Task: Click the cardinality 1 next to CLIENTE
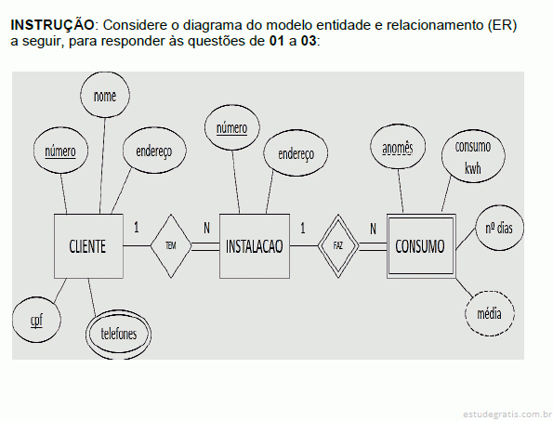point(137,228)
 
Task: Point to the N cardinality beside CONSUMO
point(373,229)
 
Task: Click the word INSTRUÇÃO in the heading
point(53,25)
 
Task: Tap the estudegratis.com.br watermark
point(507,414)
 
